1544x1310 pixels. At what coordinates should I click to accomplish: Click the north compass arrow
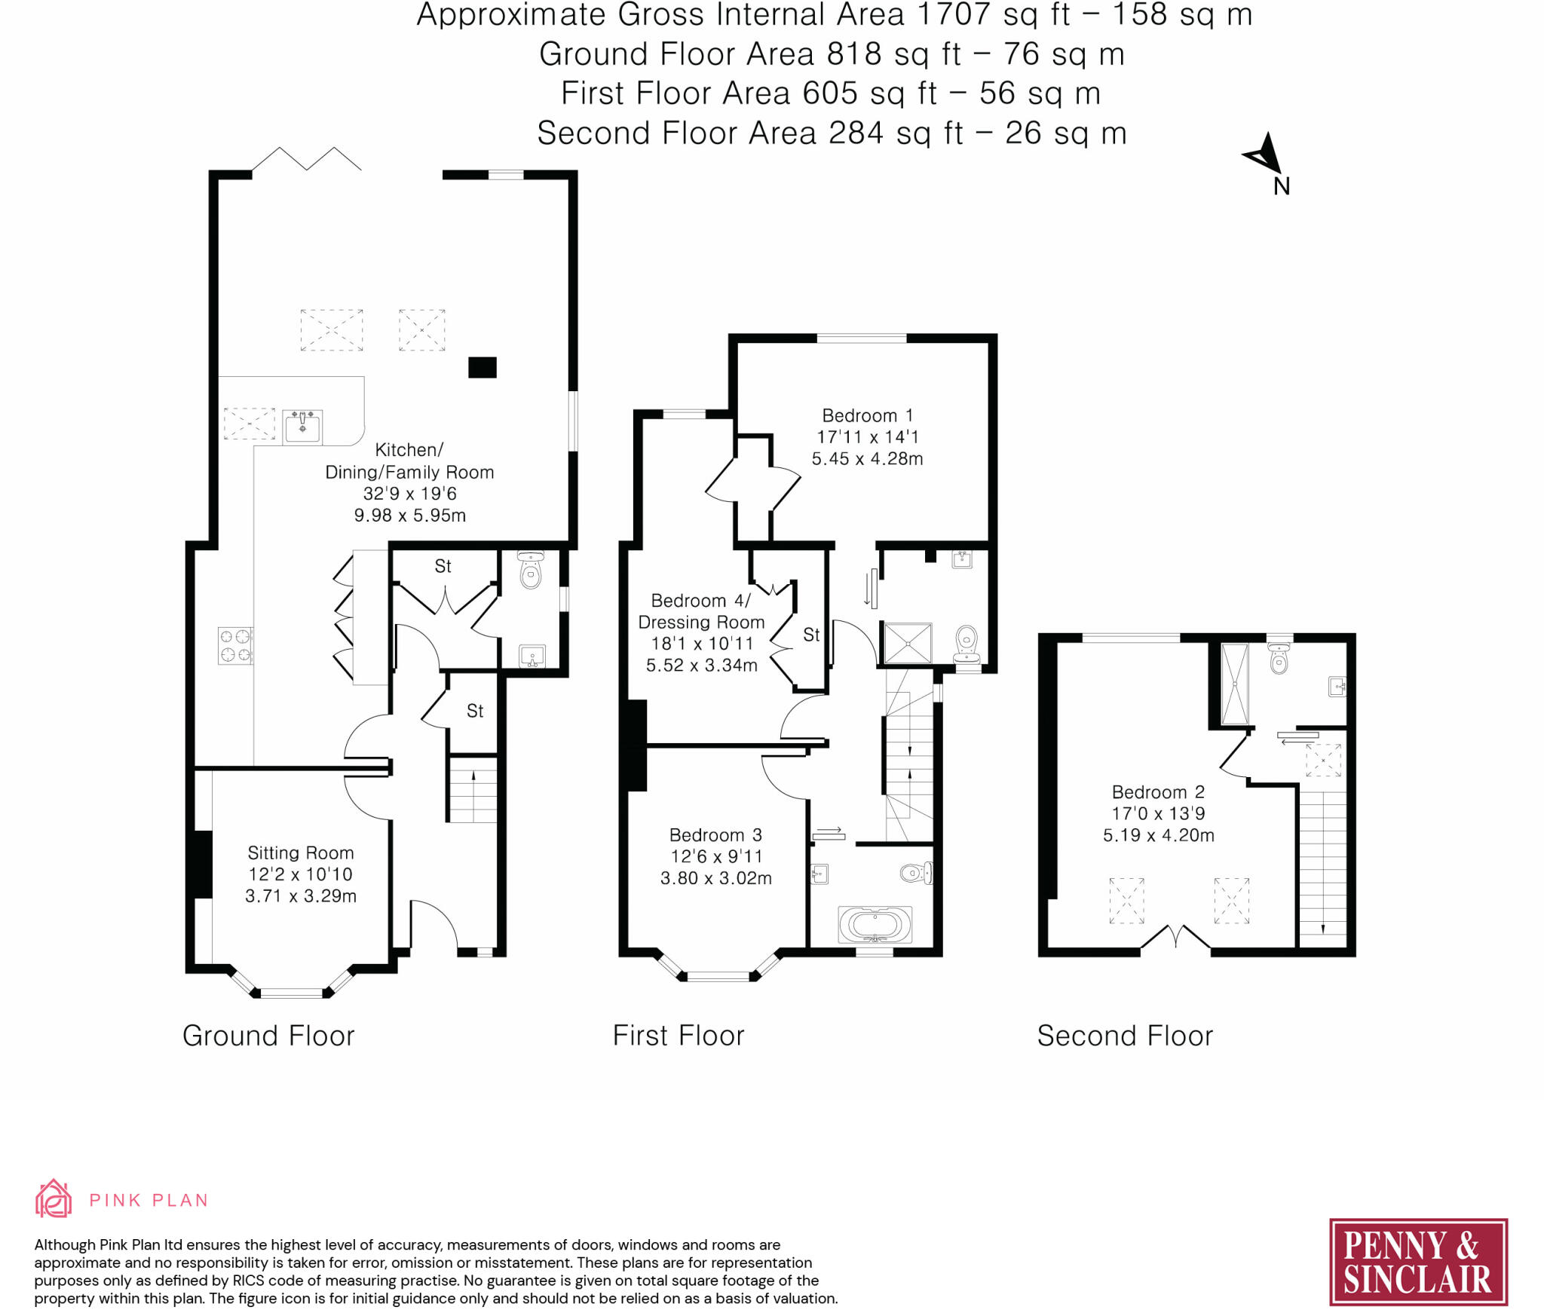(x=1264, y=154)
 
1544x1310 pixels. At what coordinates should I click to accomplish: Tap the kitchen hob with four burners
(x=235, y=646)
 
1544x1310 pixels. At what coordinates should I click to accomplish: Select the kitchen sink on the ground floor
(x=302, y=427)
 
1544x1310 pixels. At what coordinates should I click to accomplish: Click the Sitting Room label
(x=301, y=852)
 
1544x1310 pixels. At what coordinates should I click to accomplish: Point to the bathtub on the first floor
(x=875, y=924)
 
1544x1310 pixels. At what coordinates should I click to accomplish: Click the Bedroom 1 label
(x=867, y=415)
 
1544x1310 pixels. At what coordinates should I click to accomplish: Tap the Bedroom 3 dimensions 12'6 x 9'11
(x=716, y=856)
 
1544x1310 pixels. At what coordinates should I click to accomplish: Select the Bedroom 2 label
(x=1158, y=791)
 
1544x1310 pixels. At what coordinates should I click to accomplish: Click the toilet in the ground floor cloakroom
(x=531, y=570)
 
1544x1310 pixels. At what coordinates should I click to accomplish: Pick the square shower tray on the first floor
(x=908, y=643)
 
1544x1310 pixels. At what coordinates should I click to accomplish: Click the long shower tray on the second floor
(x=1235, y=684)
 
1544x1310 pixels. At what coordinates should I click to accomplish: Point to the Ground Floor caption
(x=268, y=1036)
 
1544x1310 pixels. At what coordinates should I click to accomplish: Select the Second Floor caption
(x=1125, y=1036)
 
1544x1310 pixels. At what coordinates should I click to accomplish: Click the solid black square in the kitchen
(x=482, y=367)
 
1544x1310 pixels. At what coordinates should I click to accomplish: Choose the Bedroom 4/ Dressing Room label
(x=701, y=611)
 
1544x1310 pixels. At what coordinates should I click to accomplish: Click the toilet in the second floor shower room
(x=1279, y=657)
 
